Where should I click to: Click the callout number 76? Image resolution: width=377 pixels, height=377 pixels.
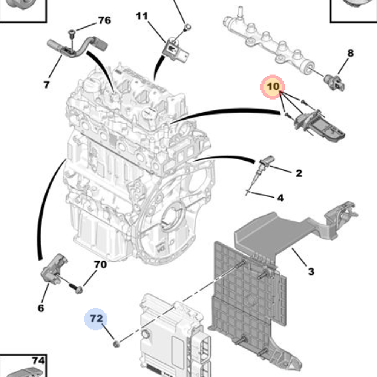(x=104, y=20)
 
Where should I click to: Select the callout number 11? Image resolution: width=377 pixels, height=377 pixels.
(x=142, y=16)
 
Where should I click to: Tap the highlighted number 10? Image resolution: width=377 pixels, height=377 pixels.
(x=273, y=87)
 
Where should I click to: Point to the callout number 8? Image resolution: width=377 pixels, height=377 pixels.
(x=351, y=53)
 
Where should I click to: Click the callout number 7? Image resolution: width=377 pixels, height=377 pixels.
(x=46, y=84)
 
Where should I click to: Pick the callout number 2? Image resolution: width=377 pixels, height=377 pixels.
(x=299, y=173)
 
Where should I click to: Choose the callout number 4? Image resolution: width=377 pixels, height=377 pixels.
(x=280, y=198)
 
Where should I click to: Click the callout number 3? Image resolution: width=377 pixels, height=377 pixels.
(x=311, y=271)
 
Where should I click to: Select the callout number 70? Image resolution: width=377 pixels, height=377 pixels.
(x=100, y=264)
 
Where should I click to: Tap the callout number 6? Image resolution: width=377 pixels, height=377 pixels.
(x=41, y=308)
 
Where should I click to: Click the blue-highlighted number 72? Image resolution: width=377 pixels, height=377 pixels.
(x=96, y=319)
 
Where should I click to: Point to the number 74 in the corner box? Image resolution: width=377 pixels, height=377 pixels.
(x=38, y=361)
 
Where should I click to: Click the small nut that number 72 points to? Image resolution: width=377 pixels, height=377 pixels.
(x=116, y=343)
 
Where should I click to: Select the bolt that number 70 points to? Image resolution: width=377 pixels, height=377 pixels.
(x=77, y=289)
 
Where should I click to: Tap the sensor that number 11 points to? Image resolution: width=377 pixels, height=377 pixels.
(x=173, y=49)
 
